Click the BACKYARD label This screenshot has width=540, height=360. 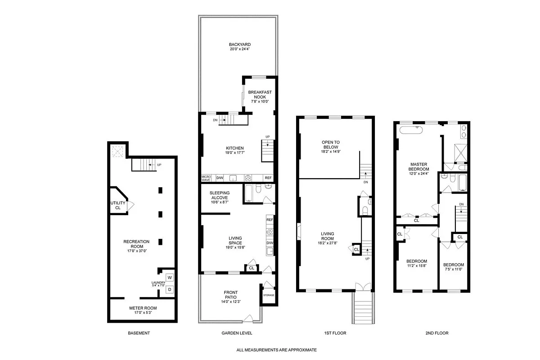pos(237,45)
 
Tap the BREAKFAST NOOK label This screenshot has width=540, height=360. pos(260,94)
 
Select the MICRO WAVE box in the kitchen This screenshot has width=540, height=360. pos(206,178)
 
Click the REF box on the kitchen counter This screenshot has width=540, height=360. pos(268,178)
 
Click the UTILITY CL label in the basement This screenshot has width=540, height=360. pos(118,205)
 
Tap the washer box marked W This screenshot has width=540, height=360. pos(170,277)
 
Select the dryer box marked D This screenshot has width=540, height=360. pos(170,289)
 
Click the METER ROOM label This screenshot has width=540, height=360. pos(142,308)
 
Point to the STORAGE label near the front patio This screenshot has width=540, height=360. pos(269,295)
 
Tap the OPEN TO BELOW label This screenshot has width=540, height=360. pos(330,145)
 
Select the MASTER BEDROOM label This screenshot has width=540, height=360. pos(418,166)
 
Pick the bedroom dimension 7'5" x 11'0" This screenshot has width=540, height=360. pos(453,270)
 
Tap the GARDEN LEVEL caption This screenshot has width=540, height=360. pos(237,333)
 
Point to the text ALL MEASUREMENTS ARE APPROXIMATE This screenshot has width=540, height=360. pos(277,350)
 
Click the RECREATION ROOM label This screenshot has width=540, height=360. pos(136,244)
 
